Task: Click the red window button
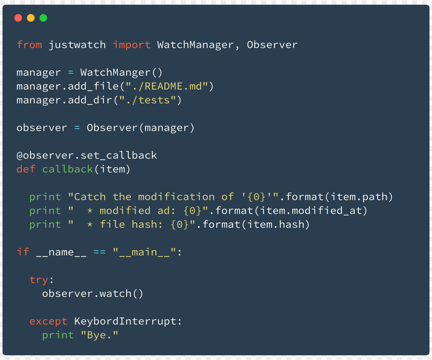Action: point(18,18)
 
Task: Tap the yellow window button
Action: point(31,18)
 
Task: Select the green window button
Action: point(43,18)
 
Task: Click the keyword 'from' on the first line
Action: point(29,45)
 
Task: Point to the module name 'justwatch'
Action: point(77,45)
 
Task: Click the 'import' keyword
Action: point(132,45)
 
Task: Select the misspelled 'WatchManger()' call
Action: point(121,73)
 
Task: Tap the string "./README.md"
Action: point(167,86)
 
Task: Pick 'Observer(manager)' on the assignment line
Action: point(140,128)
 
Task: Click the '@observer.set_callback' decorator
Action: point(87,155)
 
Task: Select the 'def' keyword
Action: point(26,169)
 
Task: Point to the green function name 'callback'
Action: point(67,169)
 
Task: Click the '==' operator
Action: point(100,252)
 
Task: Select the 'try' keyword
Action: point(39,280)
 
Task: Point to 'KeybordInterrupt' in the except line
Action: point(125,321)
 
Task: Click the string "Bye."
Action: point(100,335)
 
